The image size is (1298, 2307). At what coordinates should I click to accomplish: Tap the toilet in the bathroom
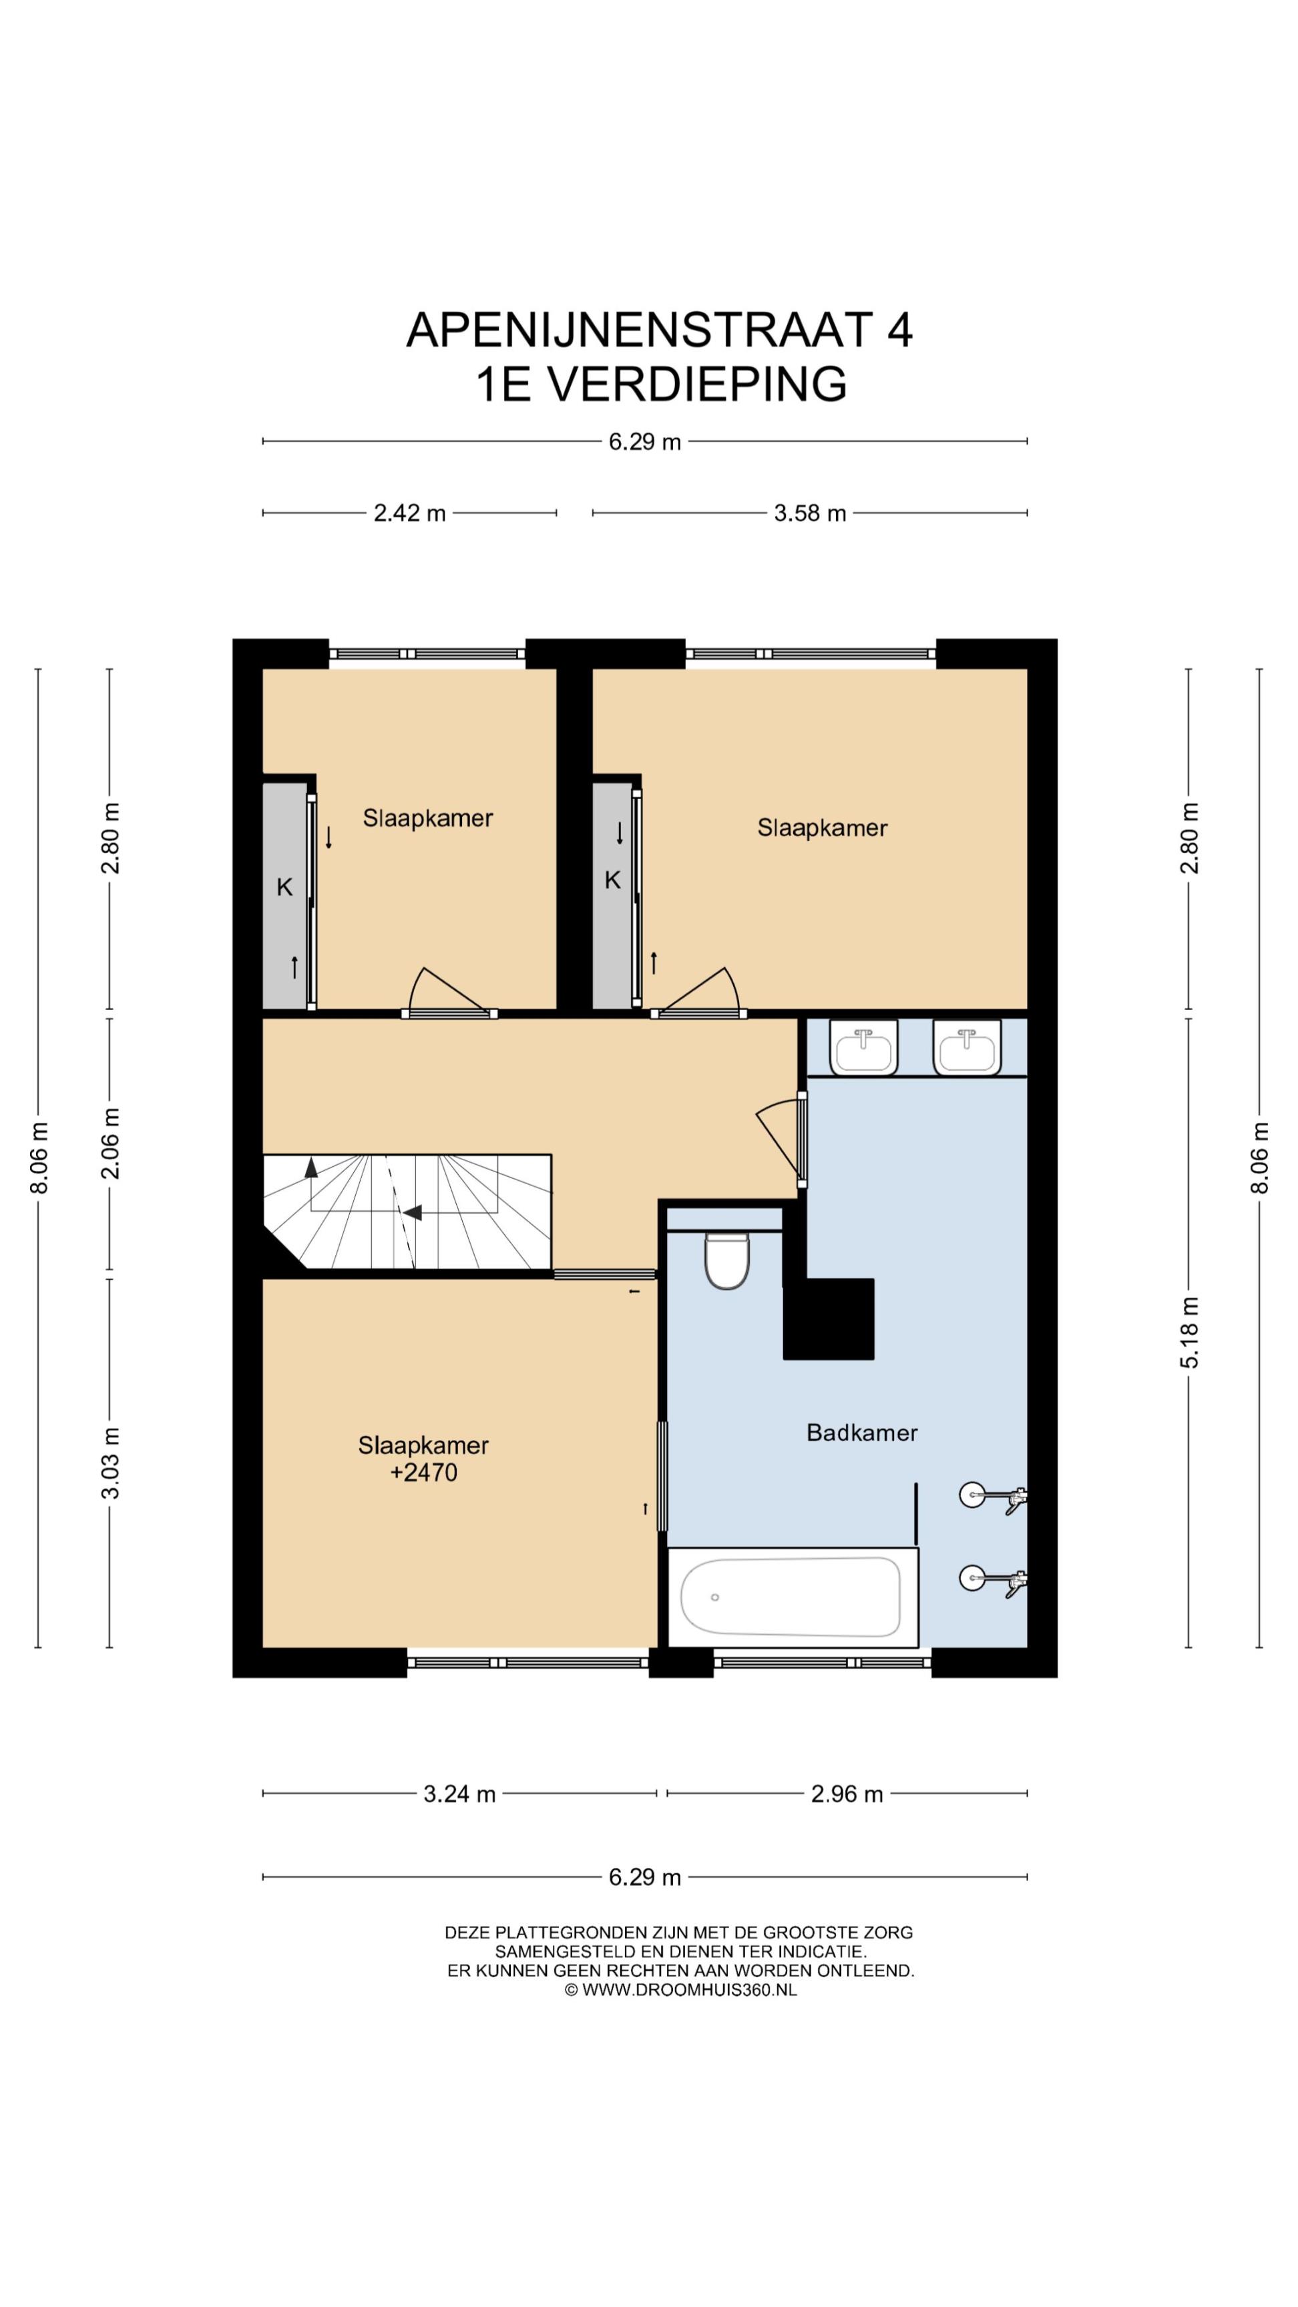tap(726, 1260)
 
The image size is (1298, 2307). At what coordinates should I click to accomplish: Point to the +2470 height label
tap(424, 1473)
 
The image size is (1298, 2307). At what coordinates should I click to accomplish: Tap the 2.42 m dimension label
tap(409, 513)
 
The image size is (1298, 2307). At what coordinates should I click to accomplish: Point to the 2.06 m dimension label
tap(110, 1143)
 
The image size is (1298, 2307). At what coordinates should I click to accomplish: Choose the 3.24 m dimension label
tap(459, 1794)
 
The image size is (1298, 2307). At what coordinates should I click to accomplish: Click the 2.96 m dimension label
tap(847, 1794)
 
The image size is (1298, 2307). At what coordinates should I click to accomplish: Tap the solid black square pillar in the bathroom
tap(829, 1319)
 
